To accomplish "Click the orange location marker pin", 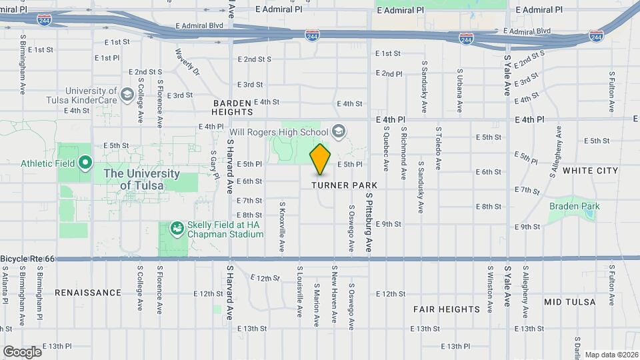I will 321,159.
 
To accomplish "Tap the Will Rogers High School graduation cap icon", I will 339,130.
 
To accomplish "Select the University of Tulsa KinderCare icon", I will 127,95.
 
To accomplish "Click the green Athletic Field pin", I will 85,162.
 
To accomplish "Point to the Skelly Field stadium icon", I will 177,229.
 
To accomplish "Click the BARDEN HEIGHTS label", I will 232,107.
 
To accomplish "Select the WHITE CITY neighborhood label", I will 591,171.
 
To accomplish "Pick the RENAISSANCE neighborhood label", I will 88,293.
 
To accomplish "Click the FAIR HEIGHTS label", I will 446,309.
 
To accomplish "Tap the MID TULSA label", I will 569,302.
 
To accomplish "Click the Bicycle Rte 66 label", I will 27,258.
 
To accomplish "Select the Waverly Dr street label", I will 188,60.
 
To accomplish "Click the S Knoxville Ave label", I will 282,227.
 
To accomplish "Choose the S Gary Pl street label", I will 213,163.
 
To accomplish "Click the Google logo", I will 22,351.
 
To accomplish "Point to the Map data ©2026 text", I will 611,355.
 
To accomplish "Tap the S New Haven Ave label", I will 333,295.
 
